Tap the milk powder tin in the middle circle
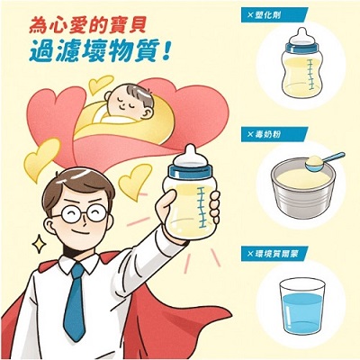tap(304, 193)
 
